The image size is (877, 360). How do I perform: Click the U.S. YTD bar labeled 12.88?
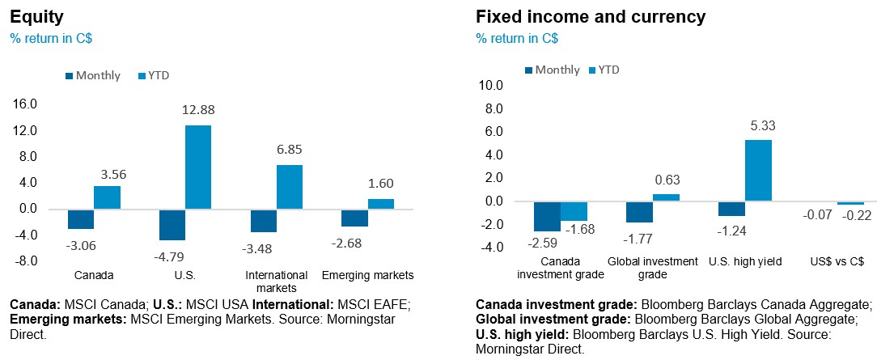(198, 167)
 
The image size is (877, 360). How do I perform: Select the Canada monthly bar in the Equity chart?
(81, 218)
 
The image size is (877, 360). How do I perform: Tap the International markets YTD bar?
(290, 187)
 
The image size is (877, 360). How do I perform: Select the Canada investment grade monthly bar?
(547, 216)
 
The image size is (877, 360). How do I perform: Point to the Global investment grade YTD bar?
(666, 197)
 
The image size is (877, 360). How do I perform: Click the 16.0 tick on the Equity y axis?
(26, 104)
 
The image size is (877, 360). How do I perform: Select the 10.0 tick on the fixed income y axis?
(491, 85)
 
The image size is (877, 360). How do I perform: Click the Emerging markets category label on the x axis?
(367, 275)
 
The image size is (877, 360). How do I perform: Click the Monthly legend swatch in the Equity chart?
(70, 76)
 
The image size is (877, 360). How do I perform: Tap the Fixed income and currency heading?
(591, 16)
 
